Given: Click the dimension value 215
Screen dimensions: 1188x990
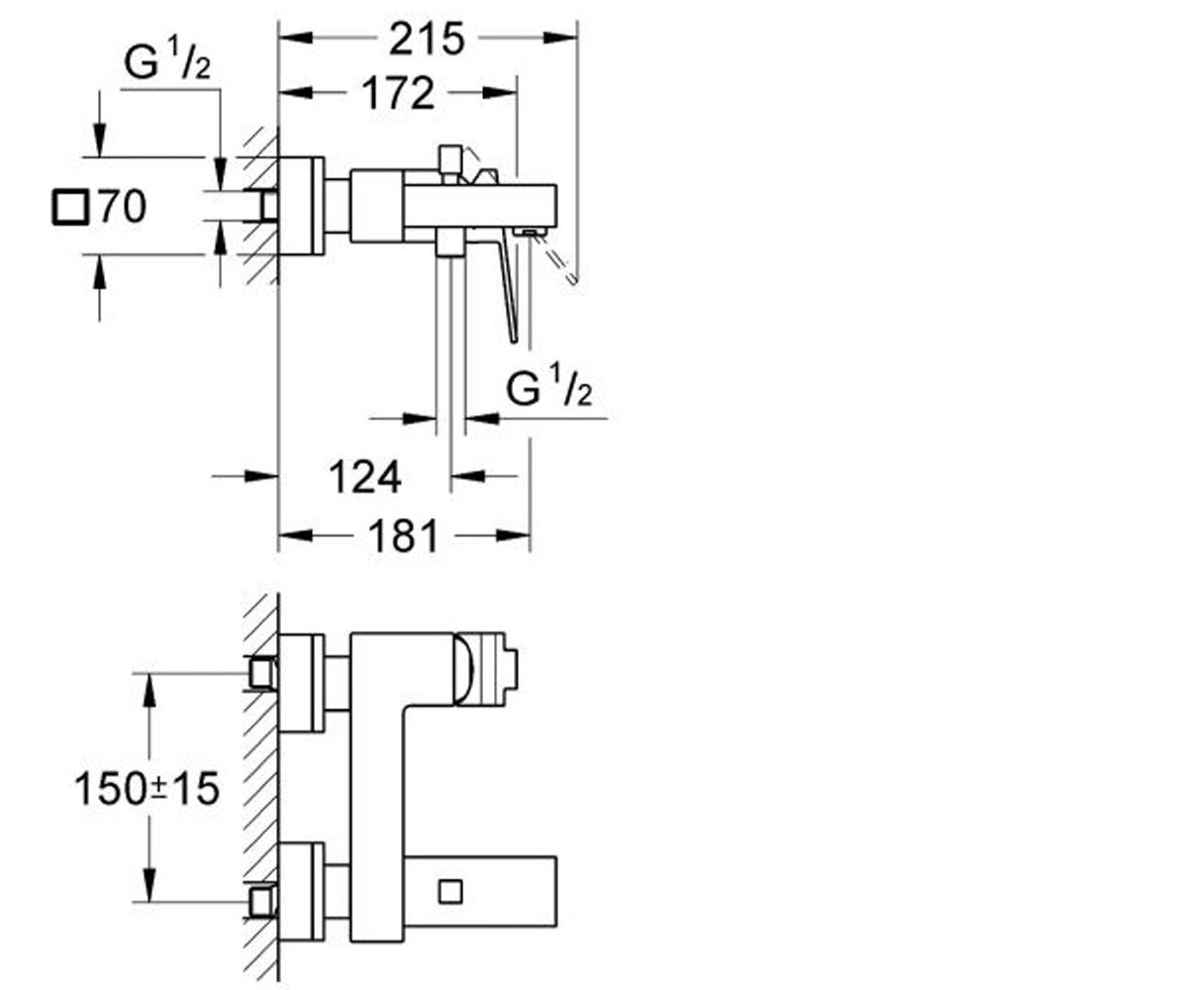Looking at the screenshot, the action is point(427,39).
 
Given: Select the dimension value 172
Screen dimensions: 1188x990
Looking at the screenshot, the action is point(398,93).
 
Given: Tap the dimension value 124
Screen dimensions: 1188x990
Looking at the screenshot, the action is point(364,477).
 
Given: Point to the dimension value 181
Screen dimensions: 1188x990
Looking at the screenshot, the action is point(403,536).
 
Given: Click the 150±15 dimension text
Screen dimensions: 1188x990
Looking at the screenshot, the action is point(147,789).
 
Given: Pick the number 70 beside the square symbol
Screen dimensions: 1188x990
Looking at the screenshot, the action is point(123,207).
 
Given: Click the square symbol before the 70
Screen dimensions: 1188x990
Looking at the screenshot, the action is point(71,208).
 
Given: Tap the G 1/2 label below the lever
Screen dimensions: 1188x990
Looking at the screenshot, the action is point(549,389).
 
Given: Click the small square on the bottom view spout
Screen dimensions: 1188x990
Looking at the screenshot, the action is point(450,892).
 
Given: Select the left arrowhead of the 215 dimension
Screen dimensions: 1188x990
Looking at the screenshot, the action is point(296,39).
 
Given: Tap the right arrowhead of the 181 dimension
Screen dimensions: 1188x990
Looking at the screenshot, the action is point(513,536).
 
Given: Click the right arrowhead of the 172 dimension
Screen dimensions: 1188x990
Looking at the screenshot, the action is point(500,93).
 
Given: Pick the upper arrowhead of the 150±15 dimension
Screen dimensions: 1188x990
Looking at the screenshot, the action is point(149,691).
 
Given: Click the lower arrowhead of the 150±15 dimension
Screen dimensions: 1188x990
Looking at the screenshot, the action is point(149,884).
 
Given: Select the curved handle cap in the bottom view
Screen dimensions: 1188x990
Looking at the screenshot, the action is point(463,668).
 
